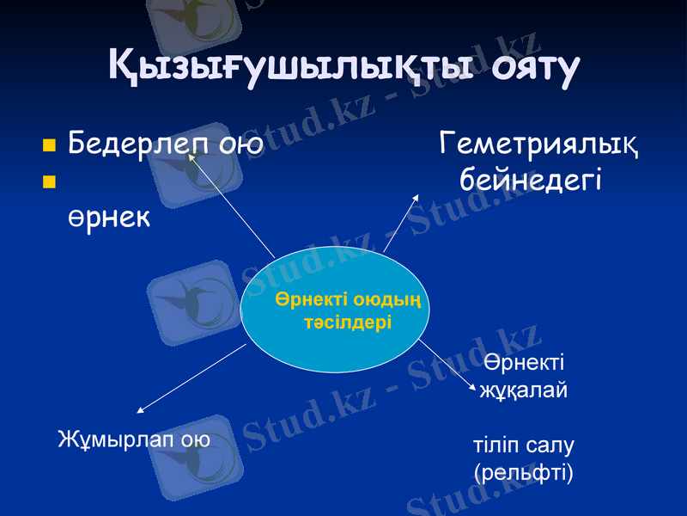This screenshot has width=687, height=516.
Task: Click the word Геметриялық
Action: click(x=538, y=143)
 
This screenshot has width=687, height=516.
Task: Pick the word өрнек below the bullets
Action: click(x=109, y=218)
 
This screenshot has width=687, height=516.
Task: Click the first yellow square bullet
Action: click(x=49, y=144)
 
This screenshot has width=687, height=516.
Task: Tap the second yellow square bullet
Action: click(x=49, y=181)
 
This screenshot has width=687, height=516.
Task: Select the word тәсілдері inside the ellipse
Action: click(x=348, y=322)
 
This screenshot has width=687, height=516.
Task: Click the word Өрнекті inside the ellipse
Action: click(x=313, y=299)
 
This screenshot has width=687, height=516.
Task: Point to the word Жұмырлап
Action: click(x=118, y=439)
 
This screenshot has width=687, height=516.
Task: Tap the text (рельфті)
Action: click(x=523, y=471)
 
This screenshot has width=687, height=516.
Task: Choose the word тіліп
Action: click(x=496, y=445)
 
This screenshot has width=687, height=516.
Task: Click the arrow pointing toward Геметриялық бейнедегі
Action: click(x=401, y=224)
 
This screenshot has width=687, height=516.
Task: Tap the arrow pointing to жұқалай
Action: click(x=446, y=365)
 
